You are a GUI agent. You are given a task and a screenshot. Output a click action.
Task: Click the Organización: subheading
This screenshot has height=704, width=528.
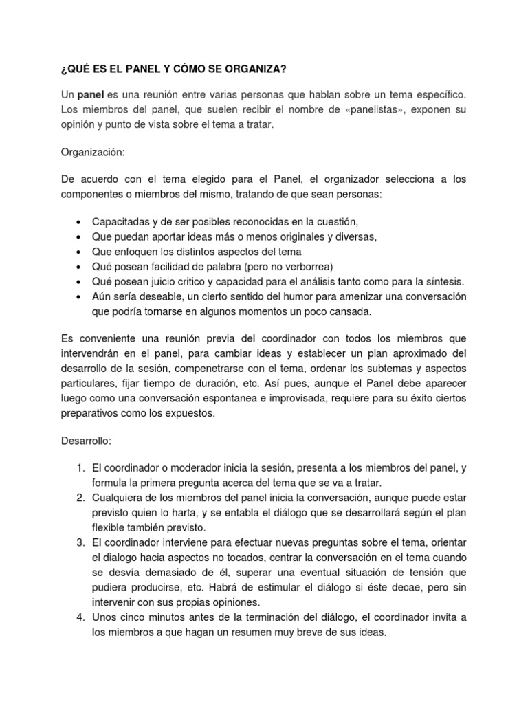93,153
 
